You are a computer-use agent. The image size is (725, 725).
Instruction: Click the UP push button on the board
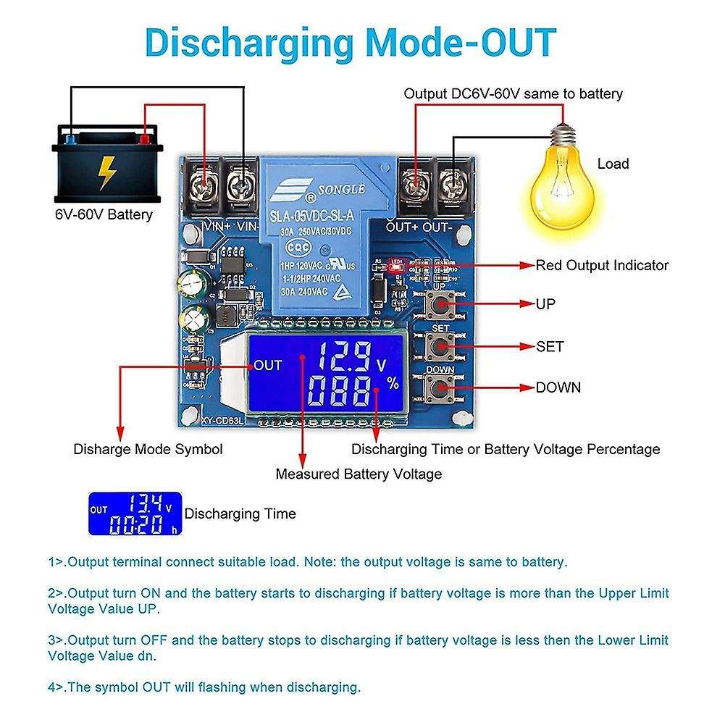[x=440, y=306]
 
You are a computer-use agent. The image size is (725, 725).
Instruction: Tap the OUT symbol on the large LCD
[x=267, y=366]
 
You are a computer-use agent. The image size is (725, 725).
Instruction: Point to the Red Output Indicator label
[x=602, y=265]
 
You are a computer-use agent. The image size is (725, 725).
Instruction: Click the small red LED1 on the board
[x=395, y=266]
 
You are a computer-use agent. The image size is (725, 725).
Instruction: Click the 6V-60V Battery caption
[x=104, y=214]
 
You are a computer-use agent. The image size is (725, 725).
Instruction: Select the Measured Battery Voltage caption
[x=358, y=474]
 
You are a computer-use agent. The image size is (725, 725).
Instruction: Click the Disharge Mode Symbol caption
[x=148, y=449]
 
